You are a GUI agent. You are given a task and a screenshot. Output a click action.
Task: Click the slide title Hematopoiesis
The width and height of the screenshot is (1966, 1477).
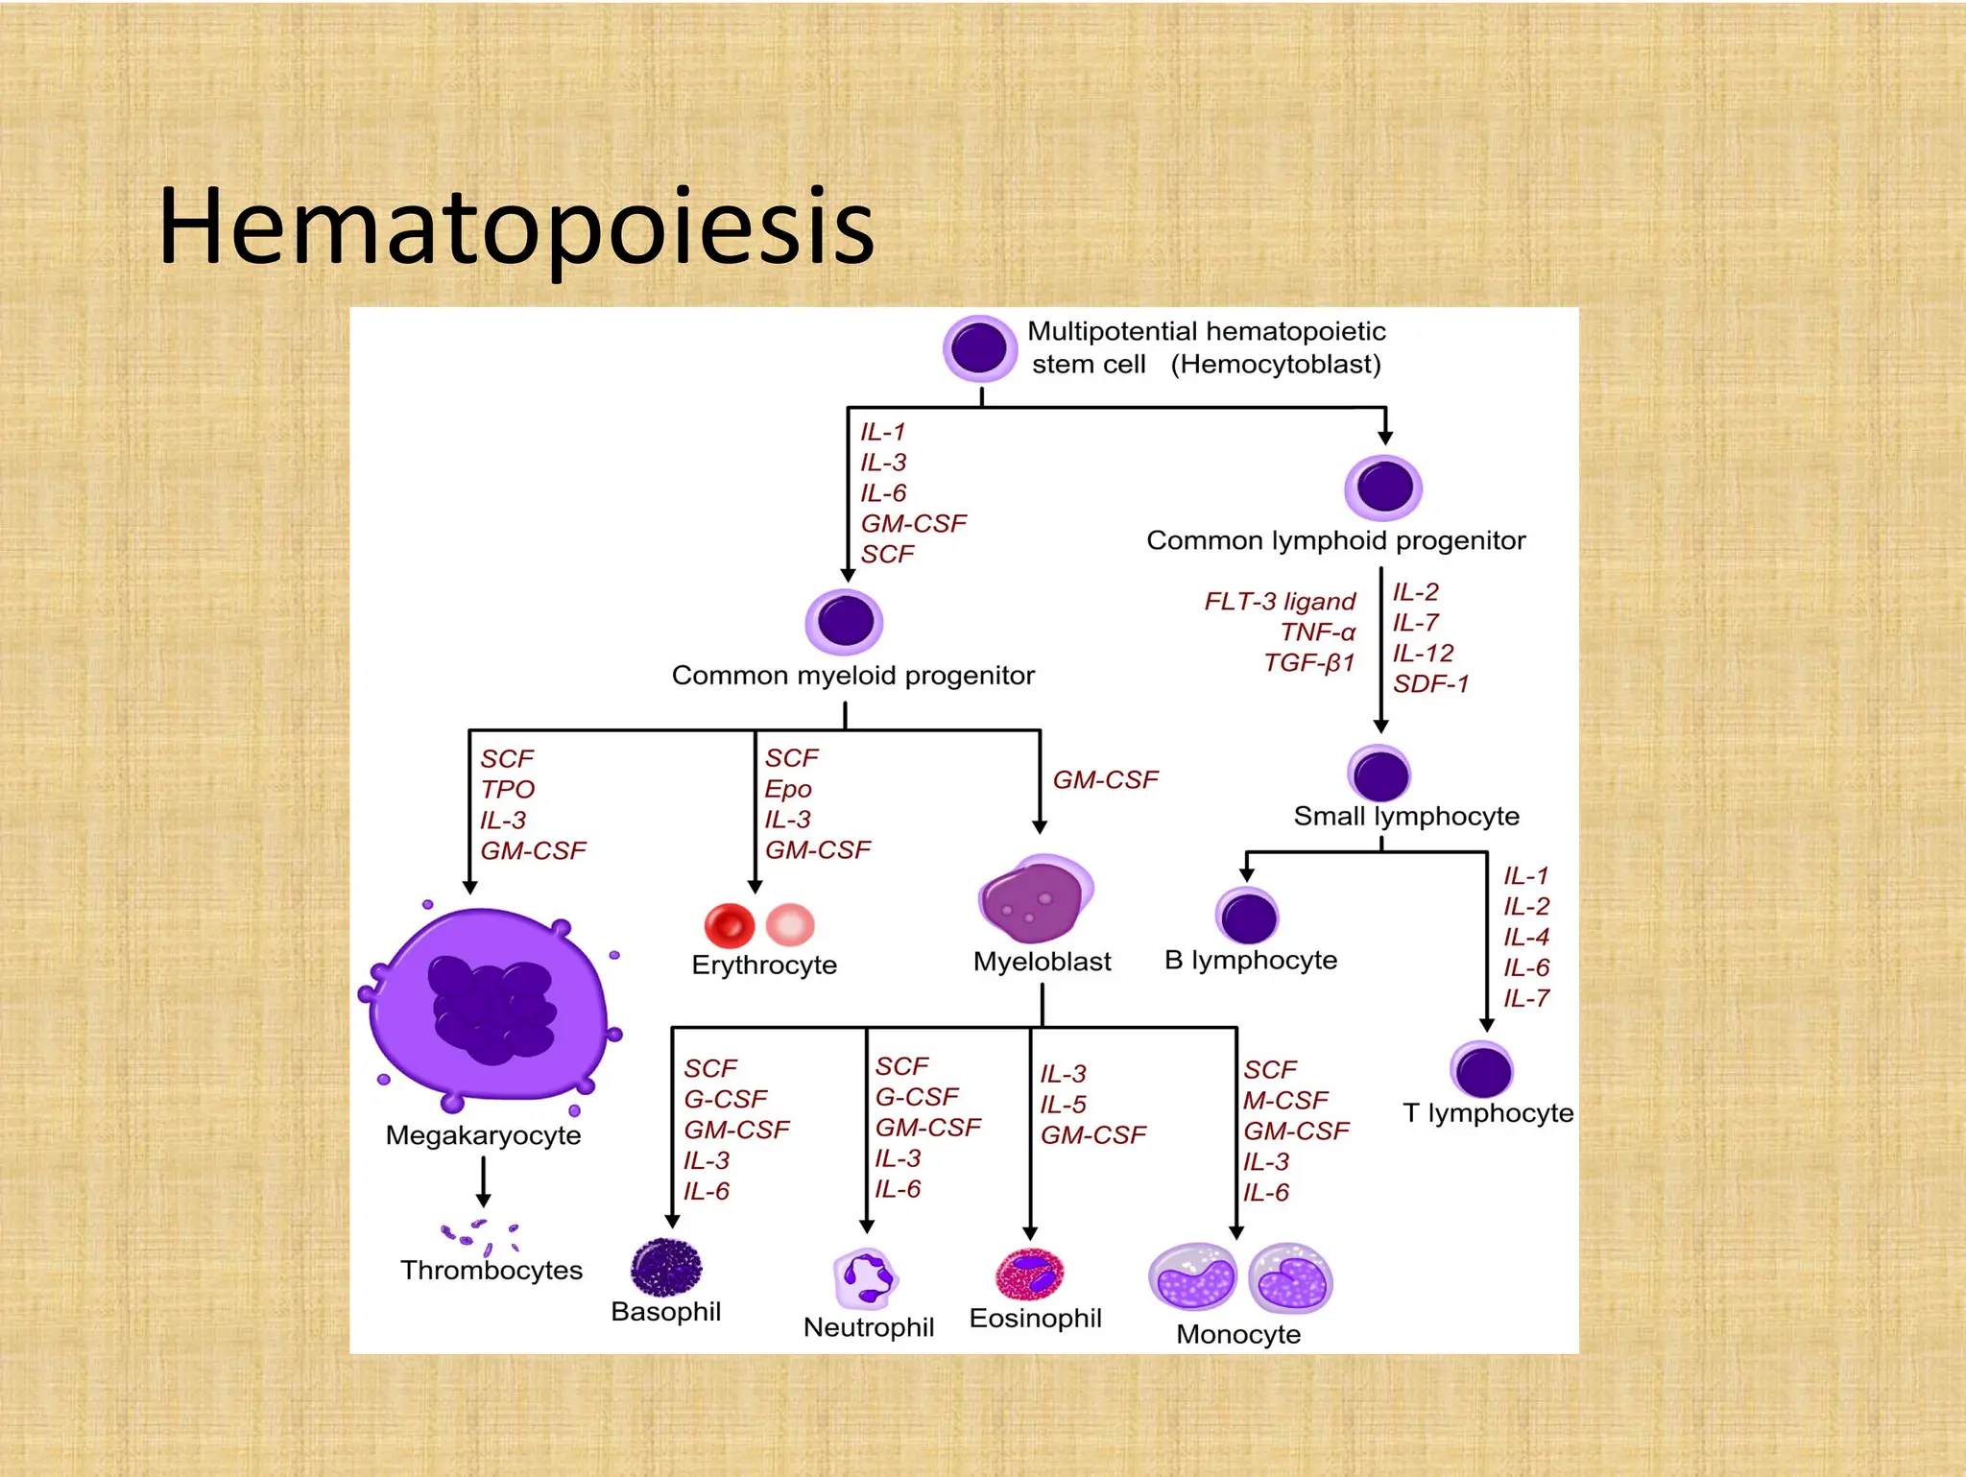(516, 227)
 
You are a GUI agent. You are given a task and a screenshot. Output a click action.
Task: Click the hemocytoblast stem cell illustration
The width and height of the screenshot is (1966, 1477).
(979, 347)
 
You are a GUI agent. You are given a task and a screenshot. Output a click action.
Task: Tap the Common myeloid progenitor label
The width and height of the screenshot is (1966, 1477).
(852, 676)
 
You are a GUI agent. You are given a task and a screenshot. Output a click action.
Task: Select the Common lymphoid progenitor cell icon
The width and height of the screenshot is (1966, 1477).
(1383, 488)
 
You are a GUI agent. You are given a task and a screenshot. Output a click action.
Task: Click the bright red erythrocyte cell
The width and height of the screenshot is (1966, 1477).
(730, 925)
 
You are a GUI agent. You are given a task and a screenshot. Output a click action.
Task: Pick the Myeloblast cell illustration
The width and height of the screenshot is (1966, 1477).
(1035, 899)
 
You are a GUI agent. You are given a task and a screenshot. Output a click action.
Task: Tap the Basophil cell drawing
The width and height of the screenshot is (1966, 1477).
(666, 1268)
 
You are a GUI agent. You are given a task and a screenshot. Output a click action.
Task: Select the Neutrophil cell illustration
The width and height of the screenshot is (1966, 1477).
(865, 1278)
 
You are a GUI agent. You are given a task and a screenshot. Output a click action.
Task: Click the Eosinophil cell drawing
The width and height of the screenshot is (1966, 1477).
(1029, 1274)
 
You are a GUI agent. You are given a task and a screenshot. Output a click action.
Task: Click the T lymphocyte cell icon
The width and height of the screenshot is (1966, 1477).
(1481, 1071)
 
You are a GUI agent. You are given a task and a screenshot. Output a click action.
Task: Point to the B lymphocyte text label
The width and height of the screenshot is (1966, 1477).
(1250, 961)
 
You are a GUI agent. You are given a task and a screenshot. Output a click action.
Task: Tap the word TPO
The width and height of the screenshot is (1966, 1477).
(507, 790)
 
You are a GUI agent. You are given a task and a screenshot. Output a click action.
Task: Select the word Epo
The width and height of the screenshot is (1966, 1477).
(788, 789)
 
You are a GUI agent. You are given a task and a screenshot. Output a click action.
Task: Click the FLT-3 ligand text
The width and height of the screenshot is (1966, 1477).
(1280, 602)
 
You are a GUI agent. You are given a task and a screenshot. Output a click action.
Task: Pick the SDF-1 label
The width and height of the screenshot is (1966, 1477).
(1430, 684)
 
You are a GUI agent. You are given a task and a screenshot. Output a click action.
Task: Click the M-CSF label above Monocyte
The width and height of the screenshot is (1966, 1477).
(1285, 1101)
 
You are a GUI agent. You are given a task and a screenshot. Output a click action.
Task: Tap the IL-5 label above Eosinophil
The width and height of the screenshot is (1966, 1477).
(1063, 1105)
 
